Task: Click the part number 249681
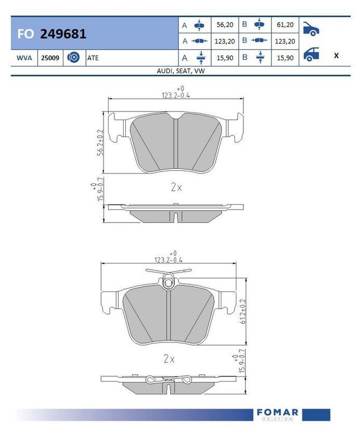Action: click(63, 34)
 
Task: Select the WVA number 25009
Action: click(50, 58)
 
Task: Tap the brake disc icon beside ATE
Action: click(74, 58)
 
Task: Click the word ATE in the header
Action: click(92, 58)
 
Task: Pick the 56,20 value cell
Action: click(225, 25)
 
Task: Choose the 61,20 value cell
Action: click(285, 25)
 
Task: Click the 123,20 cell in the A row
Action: click(225, 41)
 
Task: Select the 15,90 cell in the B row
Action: click(285, 58)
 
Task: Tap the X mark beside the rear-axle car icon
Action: click(336, 55)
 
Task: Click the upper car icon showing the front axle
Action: click(311, 29)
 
